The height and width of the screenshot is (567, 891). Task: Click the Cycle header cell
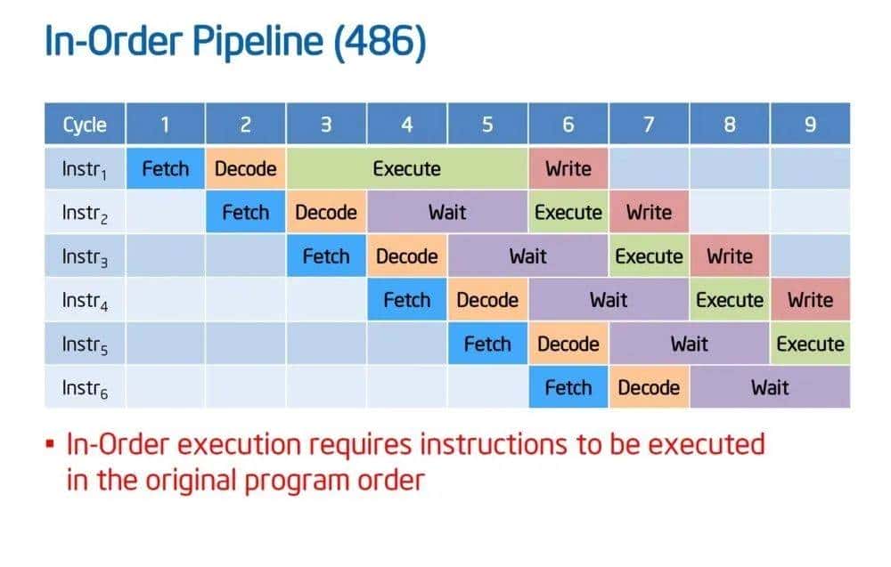(85, 124)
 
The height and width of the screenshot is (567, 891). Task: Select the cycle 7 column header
(649, 124)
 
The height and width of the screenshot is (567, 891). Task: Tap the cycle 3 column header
(326, 124)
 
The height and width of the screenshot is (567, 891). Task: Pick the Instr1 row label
(85, 168)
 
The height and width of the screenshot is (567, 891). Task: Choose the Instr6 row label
(85, 388)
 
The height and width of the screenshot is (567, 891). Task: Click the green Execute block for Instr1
(407, 168)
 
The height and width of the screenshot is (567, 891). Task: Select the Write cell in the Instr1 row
(568, 168)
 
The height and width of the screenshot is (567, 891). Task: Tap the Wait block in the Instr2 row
(447, 212)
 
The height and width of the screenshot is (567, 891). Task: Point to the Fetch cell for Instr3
(326, 256)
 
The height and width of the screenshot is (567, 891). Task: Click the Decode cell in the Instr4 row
(487, 300)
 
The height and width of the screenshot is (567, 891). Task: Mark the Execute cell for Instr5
(810, 344)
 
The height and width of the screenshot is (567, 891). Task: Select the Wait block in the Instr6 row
(770, 388)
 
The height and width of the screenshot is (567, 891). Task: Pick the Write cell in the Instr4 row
(810, 300)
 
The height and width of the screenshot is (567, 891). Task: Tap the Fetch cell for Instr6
(568, 388)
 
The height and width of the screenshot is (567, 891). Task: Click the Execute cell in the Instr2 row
(568, 212)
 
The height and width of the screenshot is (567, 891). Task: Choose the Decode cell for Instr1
(246, 168)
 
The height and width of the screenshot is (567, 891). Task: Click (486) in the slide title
(380, 42)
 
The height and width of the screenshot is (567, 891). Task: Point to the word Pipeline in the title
(257, 42)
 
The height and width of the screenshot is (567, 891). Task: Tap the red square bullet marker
(50, 443)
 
